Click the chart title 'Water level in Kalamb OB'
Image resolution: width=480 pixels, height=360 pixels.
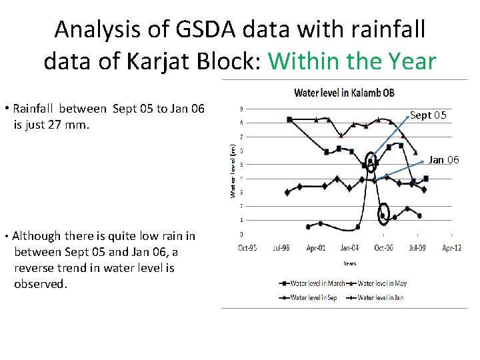click(344, 92)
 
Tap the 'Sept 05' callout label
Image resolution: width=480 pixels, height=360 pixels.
click(428, 115)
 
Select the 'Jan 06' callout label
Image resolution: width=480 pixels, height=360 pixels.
click(443, 159)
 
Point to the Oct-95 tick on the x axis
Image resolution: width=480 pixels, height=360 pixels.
click(247, 248)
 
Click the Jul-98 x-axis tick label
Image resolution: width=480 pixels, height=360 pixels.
click(281, 248)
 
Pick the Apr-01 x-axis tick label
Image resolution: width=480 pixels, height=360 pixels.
click(315, 248)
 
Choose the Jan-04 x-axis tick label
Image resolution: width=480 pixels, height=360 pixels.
click(349, 248)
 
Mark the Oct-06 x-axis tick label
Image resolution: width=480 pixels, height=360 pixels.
click(383, 248)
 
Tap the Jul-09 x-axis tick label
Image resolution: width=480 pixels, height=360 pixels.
click(417, 248)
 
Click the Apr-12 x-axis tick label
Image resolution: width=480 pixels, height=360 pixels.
click(451, 248)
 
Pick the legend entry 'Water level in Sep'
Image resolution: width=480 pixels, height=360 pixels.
click(314, 297)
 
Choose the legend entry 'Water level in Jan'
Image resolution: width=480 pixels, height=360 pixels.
click(380, 297)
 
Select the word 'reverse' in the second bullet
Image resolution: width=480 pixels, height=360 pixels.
click(35, 268)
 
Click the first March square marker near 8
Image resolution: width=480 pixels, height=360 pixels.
click(289, 119)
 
